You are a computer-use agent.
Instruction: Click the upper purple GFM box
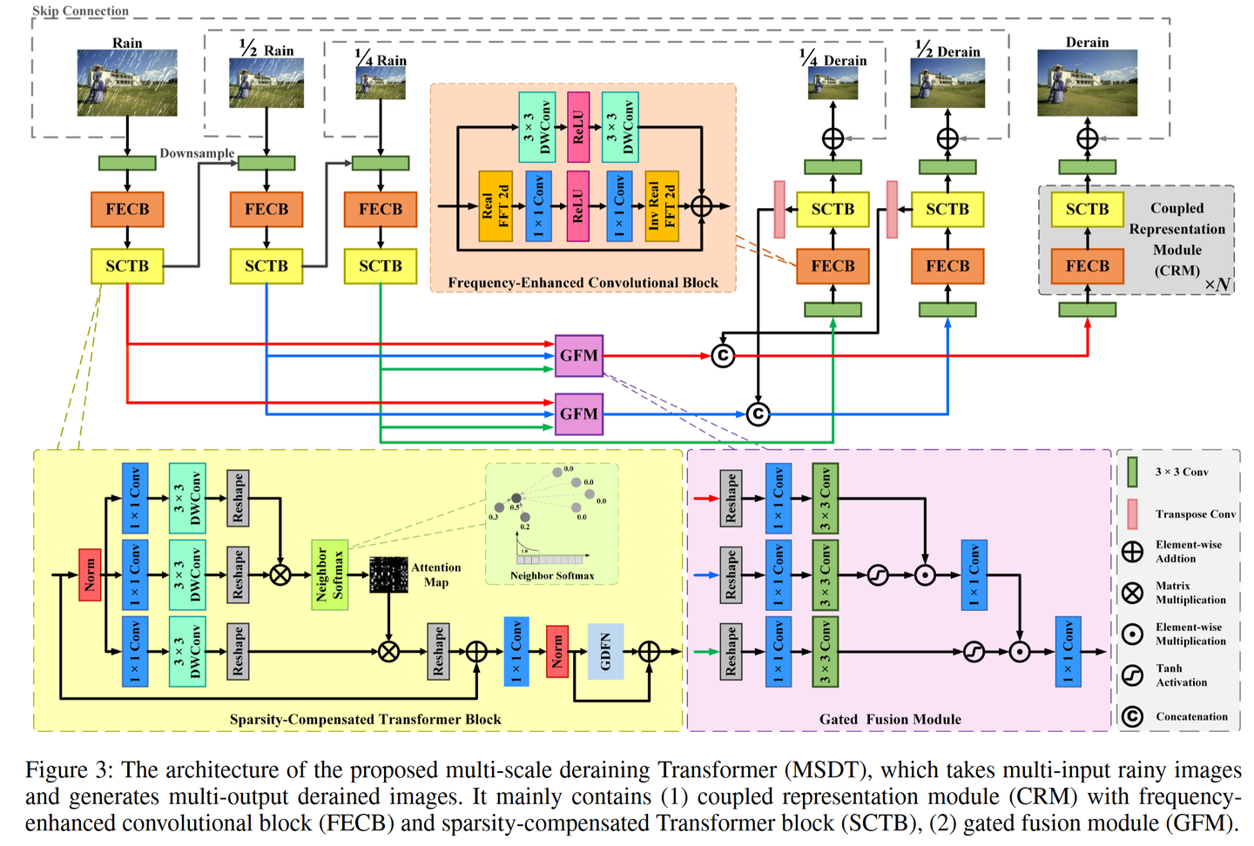pyautogui.click(x=579, y=356)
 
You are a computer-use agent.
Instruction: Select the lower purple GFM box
pyautogui.click(x=579, y=414)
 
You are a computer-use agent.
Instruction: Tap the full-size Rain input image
pyautogui.click(x=127, y=83)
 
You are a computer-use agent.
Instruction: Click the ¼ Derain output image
pyautogui.click(x=833, y=84)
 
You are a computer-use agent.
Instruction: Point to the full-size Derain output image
pyautogui.click(x=1087, y=84)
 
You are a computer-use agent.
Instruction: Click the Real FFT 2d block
pyautogui.click(x=496, y=206)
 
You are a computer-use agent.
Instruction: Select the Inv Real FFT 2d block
pyautogui.click(x=661, y=206)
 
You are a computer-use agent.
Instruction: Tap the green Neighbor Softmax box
pyautogui.click(x=330, y=574)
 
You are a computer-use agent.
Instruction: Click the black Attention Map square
pyautogui.click(x=388, y=574)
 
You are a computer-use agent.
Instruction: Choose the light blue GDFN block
pyautogui.click(x=605, y=651)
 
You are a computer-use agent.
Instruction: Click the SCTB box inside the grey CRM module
pyautogui.click(x=1087, y=210)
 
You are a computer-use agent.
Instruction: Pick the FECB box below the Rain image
pyautogui.click(x=127, y=210)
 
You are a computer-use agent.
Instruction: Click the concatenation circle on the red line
pyautogui.click(x=723, y=356)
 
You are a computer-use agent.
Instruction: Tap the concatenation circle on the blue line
pyautogui.click(x=758, y=414)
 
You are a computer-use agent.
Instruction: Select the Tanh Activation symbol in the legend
pyautogui.click(x=1132, y=675)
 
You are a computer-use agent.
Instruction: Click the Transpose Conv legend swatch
pyautogui.click(x=1132, y=514)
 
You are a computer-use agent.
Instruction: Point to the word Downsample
pyautogui.click(x=197, y=153)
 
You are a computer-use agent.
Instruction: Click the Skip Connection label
pyautogui.click(x=80, y=11)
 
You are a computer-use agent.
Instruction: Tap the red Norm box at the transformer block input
pyautogui.click(x=90, y=574)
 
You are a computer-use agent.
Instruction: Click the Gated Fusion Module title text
pyautogui.click(x=890, y=719)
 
